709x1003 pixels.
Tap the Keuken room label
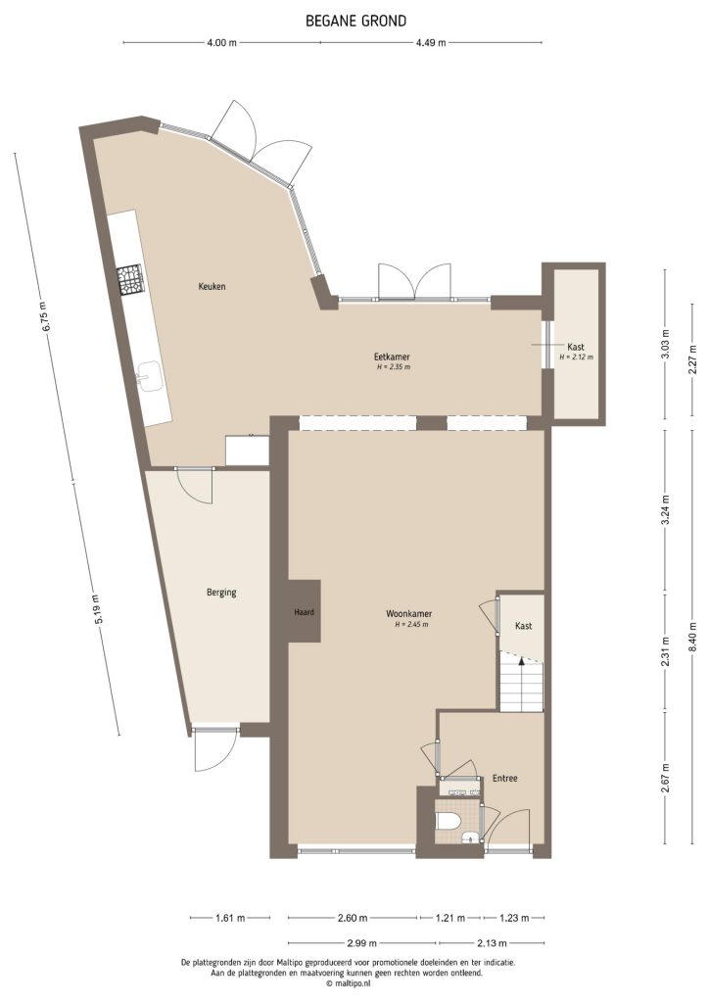(213, 287)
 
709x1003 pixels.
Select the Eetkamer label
(392, 357)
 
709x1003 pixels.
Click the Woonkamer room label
(412, 614)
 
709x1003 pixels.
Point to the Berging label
(221, 593)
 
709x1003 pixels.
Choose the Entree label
(504, 779)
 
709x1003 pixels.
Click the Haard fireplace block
(304, 613)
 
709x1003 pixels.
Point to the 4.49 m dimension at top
(431, 42)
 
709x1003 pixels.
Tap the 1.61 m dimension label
(228, 918)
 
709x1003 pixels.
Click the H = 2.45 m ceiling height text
(412, 625)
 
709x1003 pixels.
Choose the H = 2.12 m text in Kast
(576, 358)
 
